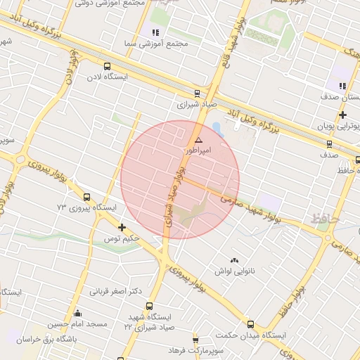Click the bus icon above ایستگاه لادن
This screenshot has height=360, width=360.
click(107, 66)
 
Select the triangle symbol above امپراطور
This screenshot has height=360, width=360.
click(198, 141)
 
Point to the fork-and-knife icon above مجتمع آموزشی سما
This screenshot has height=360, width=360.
click(155, 33)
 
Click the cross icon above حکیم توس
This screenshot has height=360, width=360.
click(122, 227)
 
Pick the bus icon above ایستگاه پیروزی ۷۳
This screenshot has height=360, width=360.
click(86, 197)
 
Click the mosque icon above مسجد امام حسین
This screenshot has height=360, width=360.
click(77, 314)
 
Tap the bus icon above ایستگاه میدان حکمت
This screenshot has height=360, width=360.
click(251, 324)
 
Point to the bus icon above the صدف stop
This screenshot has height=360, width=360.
click(329, 145)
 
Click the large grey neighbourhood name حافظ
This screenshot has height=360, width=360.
click(325, 219)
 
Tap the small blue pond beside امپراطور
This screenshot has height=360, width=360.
click(217, 129)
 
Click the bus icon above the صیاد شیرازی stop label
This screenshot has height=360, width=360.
click(197, 93)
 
